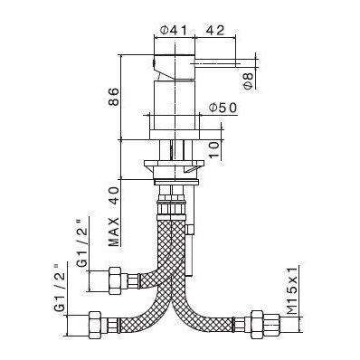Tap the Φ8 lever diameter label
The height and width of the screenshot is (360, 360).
[251, 84]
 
